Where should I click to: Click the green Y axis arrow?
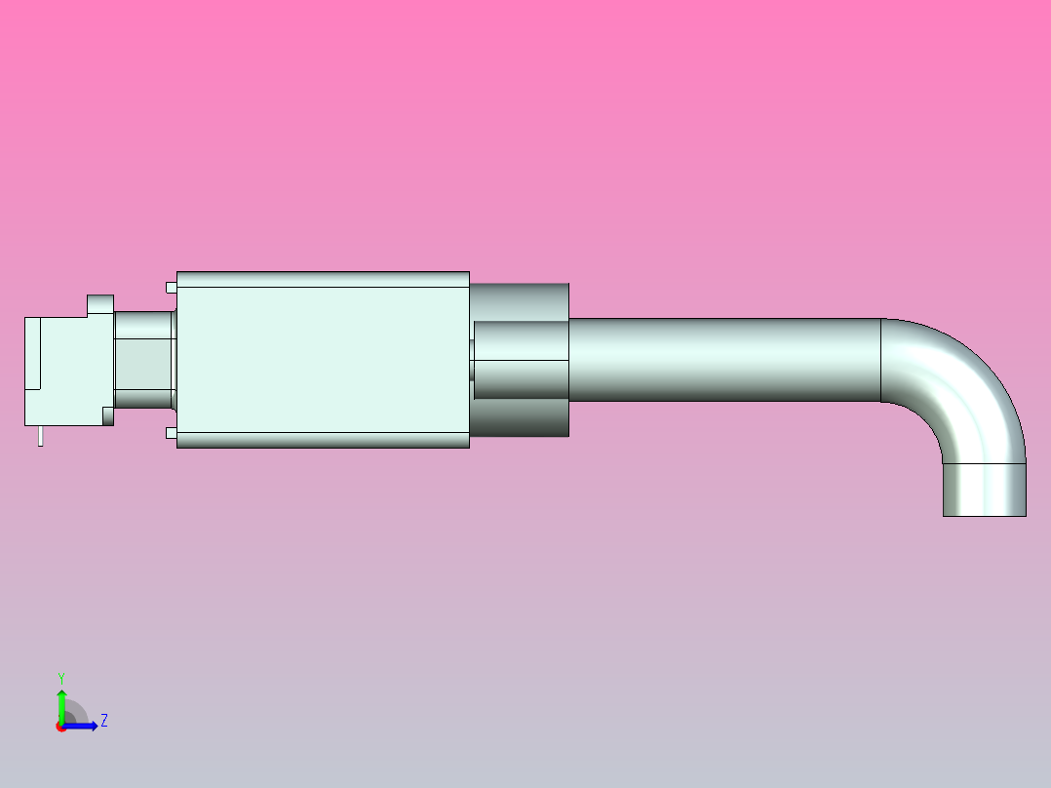point(61,704)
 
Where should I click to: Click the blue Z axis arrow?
point(83,725)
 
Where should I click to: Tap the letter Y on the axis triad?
point(60,677)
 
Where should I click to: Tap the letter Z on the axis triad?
point(103,721)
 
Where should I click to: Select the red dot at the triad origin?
point(61,727)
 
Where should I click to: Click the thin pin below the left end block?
point(40,436)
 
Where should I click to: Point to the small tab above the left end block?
point(100,304)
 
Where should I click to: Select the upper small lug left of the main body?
point(171,287)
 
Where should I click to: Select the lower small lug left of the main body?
point(171,432)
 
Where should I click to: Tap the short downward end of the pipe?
point(984,489)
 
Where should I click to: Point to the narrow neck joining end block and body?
point(143,359)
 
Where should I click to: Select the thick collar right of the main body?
point(520,359)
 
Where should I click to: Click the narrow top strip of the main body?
point(322,279)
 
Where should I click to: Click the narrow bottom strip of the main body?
point(322,440)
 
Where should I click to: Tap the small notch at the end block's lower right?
point(108,418)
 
